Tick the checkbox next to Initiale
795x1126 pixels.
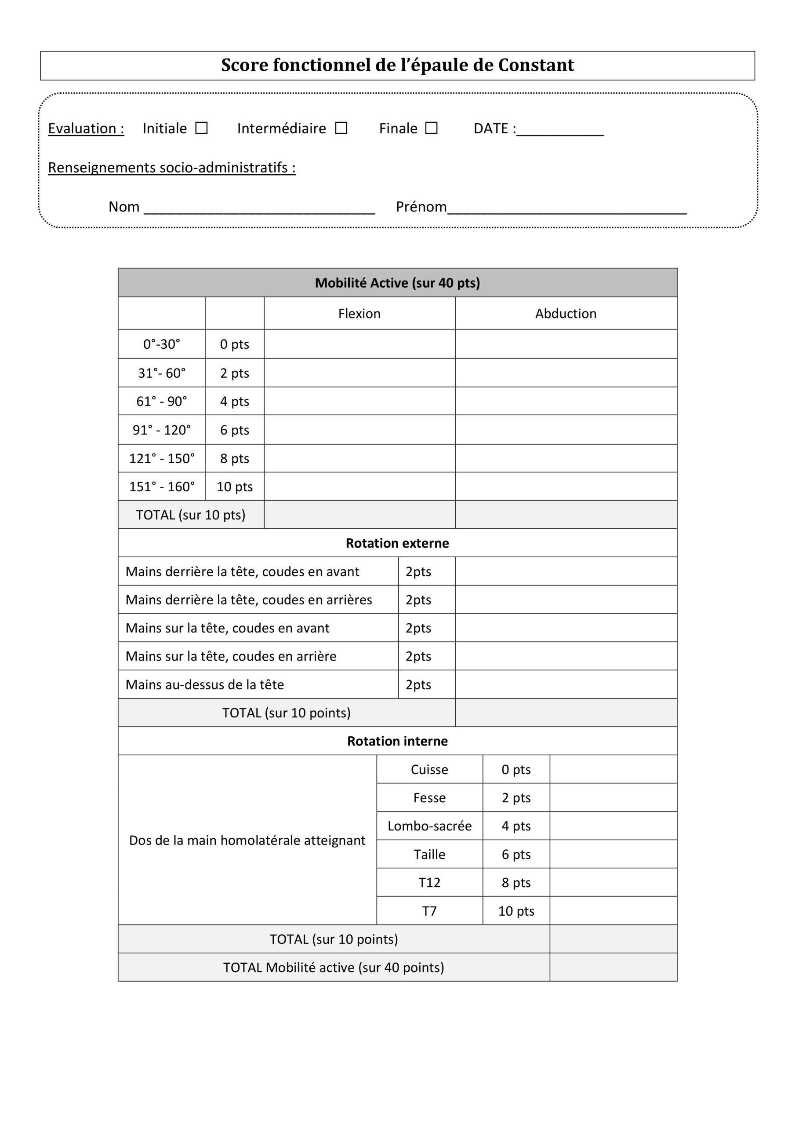[201, 128]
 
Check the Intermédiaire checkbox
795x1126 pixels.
[341, 128]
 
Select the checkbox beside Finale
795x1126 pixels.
[431, 128]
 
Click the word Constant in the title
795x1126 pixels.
[536, 65]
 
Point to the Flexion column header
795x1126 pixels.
[359, 313]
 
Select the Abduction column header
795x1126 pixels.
[566, 313]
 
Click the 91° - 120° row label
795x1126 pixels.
[162, 430]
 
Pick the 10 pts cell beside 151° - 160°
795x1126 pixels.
[235, 486]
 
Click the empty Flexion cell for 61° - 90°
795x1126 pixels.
[359, 401]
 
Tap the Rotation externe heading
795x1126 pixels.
[397, 543]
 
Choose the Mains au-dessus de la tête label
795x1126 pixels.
[205, 685]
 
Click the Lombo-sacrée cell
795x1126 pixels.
[429, 826]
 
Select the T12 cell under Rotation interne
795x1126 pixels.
[429, 883]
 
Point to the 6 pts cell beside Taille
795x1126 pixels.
[516, 854]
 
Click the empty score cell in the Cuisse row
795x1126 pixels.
[613, 769]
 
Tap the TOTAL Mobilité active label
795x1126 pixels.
[333, 968]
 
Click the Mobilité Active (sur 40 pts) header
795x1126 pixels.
[397, 283]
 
